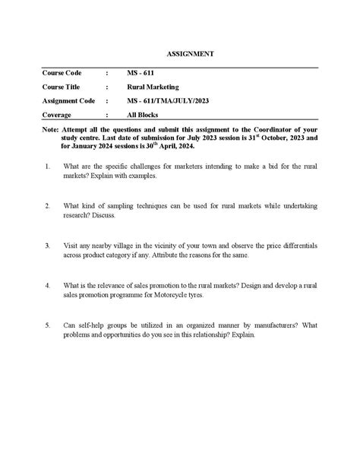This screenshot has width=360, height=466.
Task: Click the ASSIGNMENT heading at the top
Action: pos(190,54)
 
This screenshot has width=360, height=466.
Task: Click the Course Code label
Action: pos(63,73)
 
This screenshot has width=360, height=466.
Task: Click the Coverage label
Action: pos(58,115)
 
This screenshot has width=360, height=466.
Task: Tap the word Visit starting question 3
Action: pos(71,246)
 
